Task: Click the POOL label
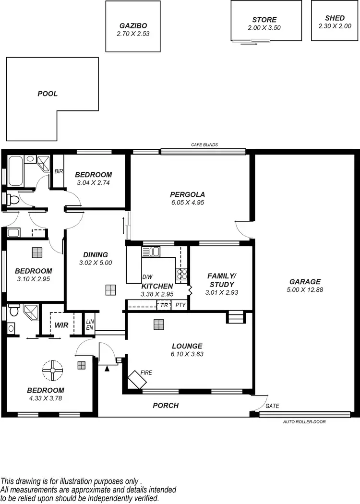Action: click(x=48, y=94)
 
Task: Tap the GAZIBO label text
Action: click(x=133, y=26)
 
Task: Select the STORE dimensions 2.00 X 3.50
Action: click(x=264, y=28)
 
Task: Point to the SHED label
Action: click(x=335, y=18)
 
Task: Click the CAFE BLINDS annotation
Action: click(x=204, y=144)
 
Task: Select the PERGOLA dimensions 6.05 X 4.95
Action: click(x=187, y=203)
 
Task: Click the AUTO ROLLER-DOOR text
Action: click(x=304, y=421)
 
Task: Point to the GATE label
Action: click(x=272, y=406)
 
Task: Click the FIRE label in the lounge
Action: click(x=146, y=372)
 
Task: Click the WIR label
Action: click(x=61, y=325)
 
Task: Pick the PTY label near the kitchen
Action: click(x=180, y=305)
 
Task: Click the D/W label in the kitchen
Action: click(x=147, y=277)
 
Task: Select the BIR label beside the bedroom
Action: click(x=59, y=171)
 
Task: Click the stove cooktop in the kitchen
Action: click(x=182, y=274)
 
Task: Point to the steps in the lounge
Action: click(x=235, y=317)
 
